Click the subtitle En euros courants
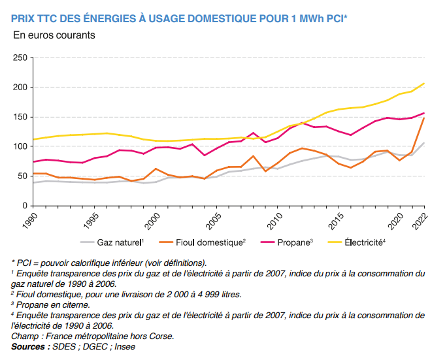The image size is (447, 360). tap(54, 35)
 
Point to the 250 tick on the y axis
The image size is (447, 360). tap(18, 57)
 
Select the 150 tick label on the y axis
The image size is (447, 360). tap(18, 117)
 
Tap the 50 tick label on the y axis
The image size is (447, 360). tap(21, 176)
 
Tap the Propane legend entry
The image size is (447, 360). tap(295, 242)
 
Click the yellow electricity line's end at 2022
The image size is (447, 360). tap(424, 83)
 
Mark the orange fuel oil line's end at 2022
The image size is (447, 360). tap(424, 118)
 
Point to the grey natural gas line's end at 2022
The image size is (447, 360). tap(424, 142)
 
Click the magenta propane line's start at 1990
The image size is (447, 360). tap(33, 162)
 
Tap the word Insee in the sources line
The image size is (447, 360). tap(124, 346)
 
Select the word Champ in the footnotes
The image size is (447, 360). tap(25, 336)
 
